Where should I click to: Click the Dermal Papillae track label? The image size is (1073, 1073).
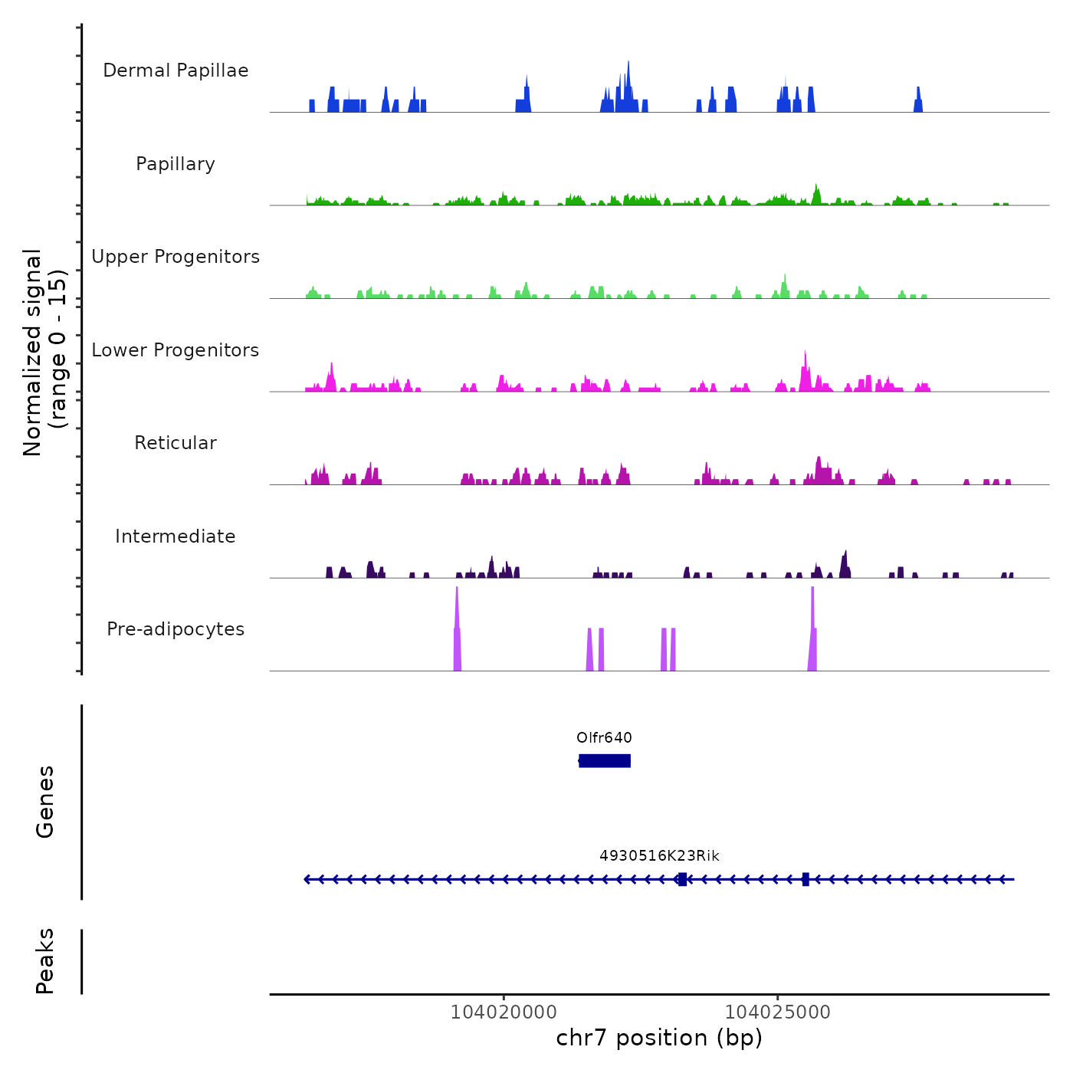coord(176,71)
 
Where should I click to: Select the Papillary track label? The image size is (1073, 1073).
coord(176,164)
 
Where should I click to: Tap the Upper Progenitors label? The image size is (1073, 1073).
coord(176,257)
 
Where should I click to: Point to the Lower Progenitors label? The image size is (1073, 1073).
coord(176,350)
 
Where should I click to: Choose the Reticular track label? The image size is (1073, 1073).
coord(176,443)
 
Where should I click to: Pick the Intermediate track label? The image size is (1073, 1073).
coord(176,536)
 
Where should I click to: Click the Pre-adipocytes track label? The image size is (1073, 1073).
coord(176,629)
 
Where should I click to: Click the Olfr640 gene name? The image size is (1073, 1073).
coord(604,738)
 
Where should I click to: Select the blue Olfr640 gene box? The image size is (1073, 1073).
coord(605,760)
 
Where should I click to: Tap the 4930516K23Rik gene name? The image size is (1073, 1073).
coord(659,856)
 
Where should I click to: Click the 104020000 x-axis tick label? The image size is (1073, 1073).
coord(504,1012)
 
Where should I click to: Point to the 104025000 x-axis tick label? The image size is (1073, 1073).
coord(777,1012)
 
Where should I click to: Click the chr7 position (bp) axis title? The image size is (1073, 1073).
coord(659,1038)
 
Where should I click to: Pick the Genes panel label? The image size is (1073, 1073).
coord(45,802)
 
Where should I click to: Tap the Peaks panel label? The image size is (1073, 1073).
coord(45,961)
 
